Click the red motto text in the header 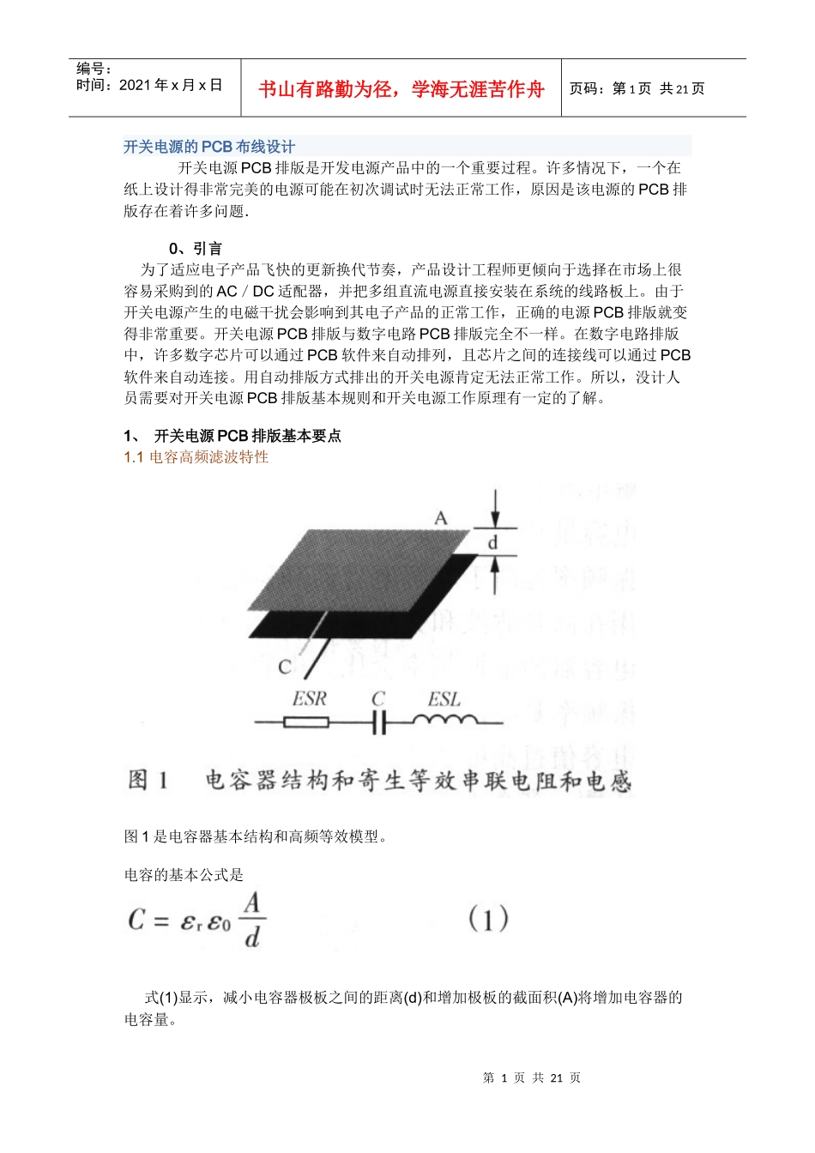pos(401,89)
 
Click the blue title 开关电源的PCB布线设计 pos(208,147)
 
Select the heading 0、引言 pos(196,249)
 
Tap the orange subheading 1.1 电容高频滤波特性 pos(196,457)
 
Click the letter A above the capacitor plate pos(441,518)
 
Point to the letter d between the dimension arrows pos(493,543)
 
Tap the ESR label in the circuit pos(309,699)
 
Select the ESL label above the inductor pos(444,699)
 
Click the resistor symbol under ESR pos(306,722)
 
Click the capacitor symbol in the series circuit pos(379,722)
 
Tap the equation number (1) pos(488,920)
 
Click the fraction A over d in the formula pos(251,920)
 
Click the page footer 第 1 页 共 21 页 pos(532,1078)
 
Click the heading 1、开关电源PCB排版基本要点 pos(233,436)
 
